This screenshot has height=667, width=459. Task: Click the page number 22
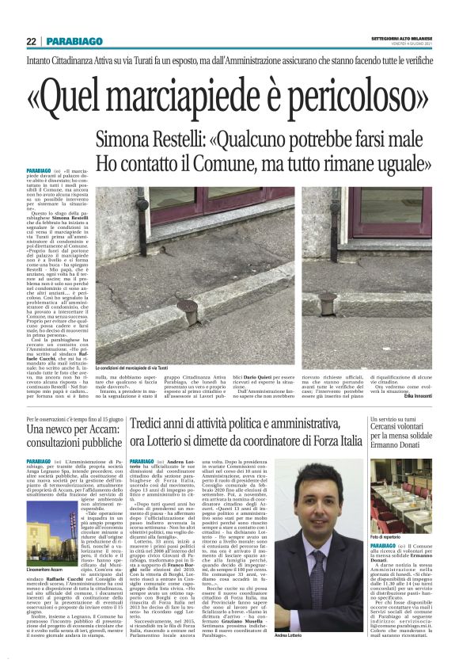click(31, 41)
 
